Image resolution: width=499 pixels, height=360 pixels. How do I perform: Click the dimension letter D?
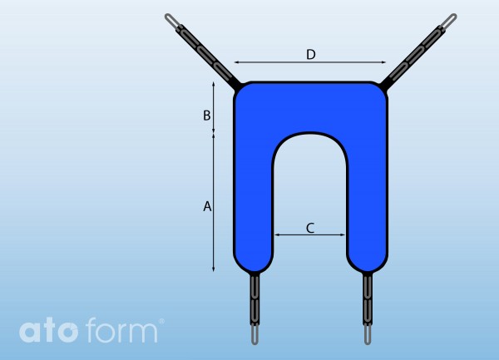[311, 54]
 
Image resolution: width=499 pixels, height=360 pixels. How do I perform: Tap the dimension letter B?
[207, 115]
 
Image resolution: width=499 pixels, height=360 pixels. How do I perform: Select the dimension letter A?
[207, 206]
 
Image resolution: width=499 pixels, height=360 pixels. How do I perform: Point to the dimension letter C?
[310, 228]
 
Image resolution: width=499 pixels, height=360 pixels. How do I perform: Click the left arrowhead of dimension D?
[236, 62]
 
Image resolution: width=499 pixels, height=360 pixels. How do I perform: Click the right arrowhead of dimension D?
[383, 62]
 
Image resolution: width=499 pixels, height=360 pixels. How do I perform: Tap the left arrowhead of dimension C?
[277, 235]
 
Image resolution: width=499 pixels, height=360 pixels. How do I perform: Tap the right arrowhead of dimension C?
[343, 235]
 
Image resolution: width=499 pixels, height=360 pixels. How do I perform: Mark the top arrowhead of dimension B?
[214, 84]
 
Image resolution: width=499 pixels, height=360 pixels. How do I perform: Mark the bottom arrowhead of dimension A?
[214, 269]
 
